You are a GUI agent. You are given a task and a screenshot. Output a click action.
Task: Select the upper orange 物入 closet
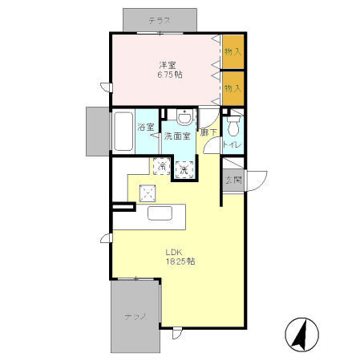(233, 51)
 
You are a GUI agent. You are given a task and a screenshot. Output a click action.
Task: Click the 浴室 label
(146, 128)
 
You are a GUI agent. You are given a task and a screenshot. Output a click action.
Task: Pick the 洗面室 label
(177, 137)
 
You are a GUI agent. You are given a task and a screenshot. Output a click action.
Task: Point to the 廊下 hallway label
(208, 132)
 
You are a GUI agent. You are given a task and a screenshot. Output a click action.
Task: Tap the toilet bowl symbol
(233, 126)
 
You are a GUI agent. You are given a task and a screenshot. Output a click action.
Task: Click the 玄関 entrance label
(233, 179)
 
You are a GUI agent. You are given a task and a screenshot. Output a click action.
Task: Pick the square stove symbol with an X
(148, 192)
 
